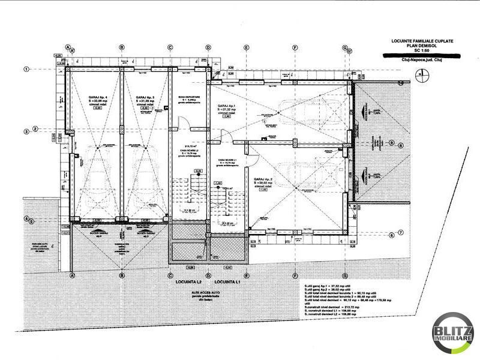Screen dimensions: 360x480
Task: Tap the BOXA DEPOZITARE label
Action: click(x=189, y=96)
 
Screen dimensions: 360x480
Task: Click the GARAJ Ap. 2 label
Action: click(x=265, y=179)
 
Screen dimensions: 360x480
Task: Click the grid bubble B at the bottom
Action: click(x=121, y=275)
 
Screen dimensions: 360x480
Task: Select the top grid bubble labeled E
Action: click(x=246, y=47)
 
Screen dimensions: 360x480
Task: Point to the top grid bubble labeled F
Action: click(x=295, y=47)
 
